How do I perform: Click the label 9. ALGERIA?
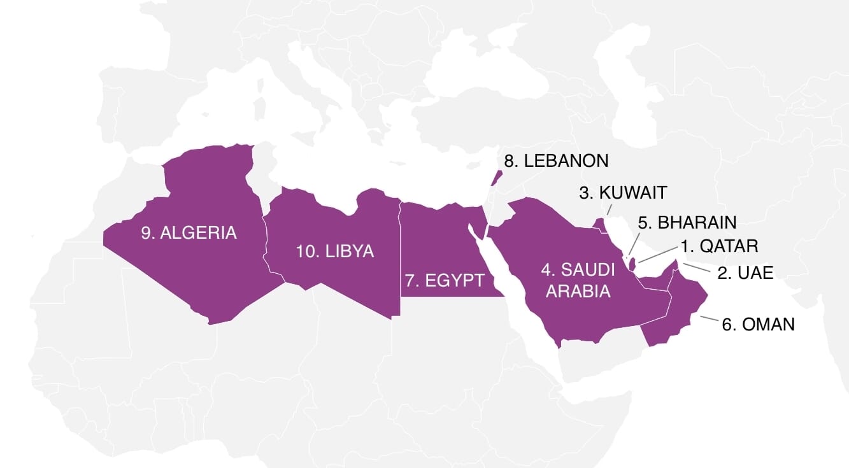(189, 232)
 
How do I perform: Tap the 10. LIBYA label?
(335, 251)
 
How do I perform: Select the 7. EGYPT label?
(444, 280)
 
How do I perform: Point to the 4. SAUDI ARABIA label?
(578, 280)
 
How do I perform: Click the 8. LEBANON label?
(556, 160)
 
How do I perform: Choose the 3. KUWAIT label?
(623, 192)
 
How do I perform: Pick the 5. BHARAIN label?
(687, 222)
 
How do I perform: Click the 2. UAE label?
(745, 273)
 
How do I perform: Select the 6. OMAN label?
(758, 324)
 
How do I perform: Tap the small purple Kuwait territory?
(599, 224)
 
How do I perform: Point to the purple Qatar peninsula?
(632, 262)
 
